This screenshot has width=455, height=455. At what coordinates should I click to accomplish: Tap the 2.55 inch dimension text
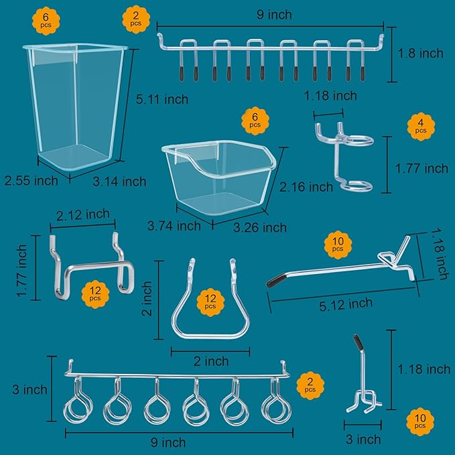point(31,180)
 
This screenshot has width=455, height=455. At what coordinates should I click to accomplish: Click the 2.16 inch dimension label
point(306,186)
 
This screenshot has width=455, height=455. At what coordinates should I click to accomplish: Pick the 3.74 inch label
point(174,226)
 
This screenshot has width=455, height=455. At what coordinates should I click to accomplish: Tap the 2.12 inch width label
point(83,214)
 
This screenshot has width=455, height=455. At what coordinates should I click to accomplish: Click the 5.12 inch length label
point(345,304)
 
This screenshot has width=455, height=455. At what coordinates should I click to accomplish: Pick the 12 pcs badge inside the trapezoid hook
point(210,304)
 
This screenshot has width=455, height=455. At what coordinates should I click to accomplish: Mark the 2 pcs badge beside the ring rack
point(310,385)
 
